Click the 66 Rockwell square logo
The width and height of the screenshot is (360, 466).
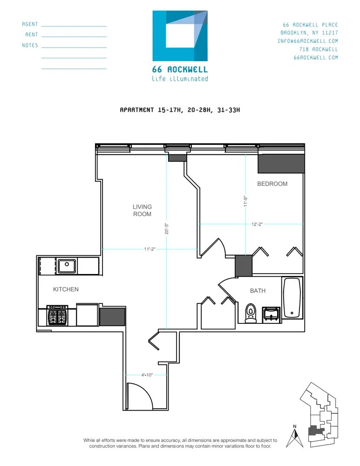[180, 36]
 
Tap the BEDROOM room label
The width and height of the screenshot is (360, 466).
[272, 184]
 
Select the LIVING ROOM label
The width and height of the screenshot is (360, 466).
[142, 211]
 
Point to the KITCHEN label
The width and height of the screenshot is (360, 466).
[66, 289]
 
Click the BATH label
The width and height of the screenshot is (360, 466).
[258, 291]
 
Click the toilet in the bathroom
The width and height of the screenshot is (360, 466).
[251, 313]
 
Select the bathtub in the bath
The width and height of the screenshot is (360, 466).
[292, 298]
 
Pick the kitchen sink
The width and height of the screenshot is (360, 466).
[67, 266]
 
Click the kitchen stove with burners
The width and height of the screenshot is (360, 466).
[57, 315]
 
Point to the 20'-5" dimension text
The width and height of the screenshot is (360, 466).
[166, 228]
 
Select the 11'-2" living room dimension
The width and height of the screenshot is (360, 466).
[149, 249]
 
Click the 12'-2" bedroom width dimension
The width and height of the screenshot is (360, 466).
[257, 224]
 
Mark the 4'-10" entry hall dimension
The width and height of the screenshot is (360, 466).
[148, 375]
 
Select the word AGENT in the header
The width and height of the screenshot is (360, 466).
[30, 24]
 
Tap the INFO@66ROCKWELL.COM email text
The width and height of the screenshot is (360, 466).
[307, 41]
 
